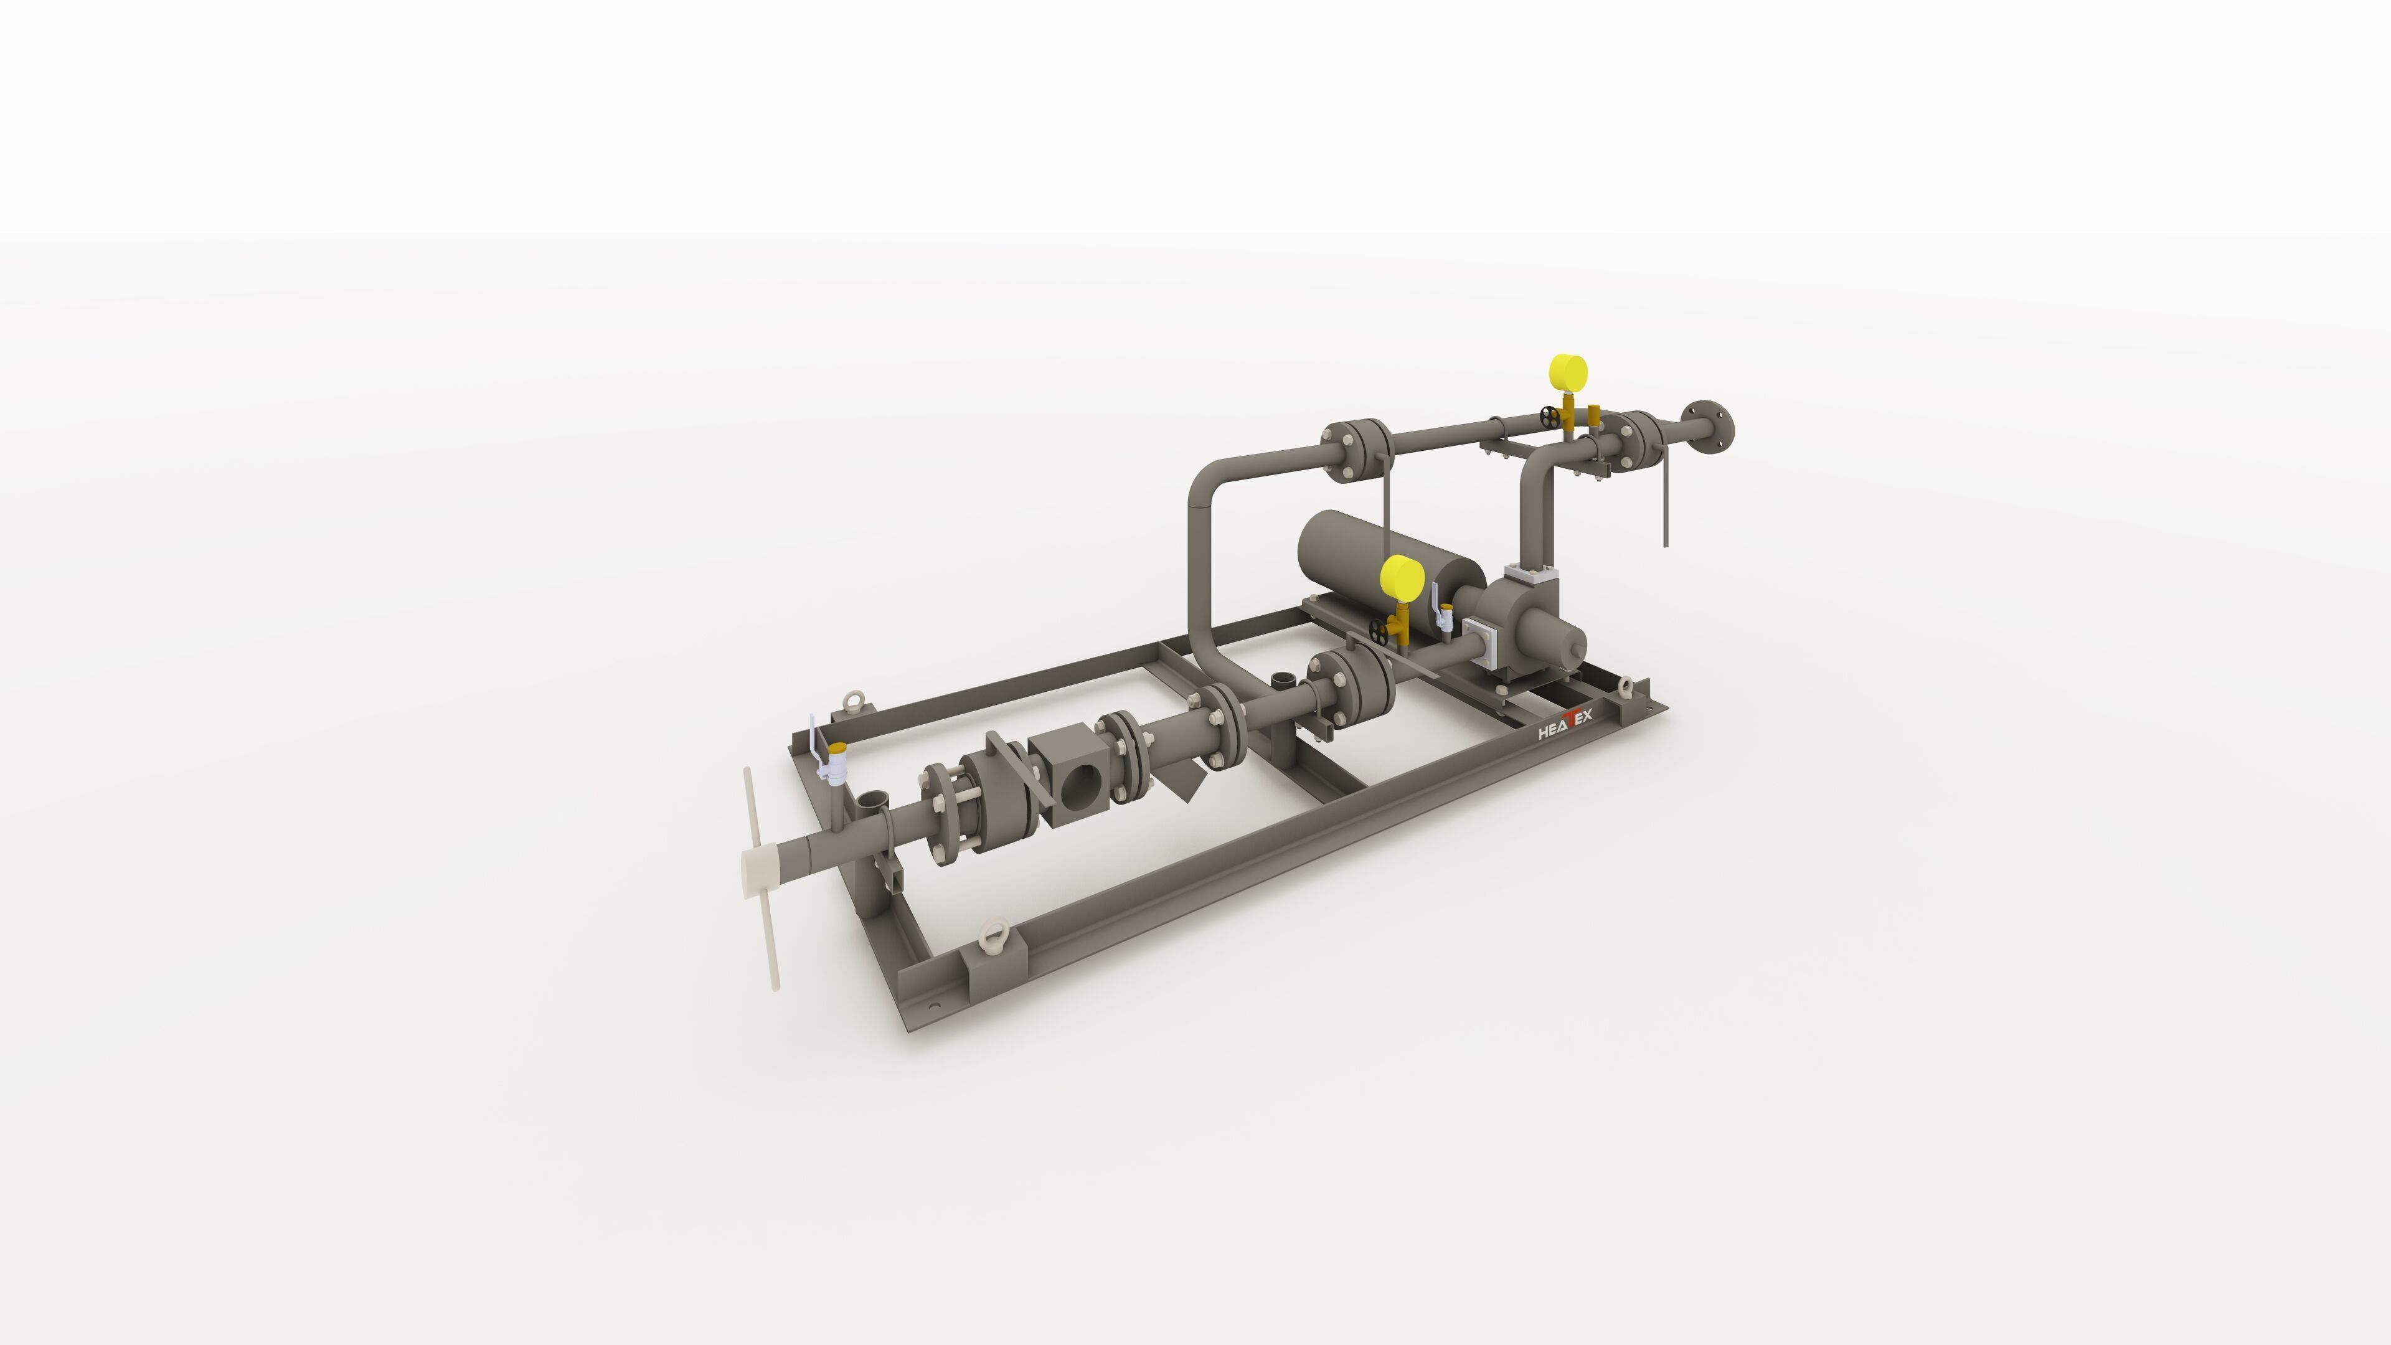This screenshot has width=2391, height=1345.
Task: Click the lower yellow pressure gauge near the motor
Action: [x=1402, y=579]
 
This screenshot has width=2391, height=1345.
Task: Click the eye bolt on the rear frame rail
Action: [x=851, y=700]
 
